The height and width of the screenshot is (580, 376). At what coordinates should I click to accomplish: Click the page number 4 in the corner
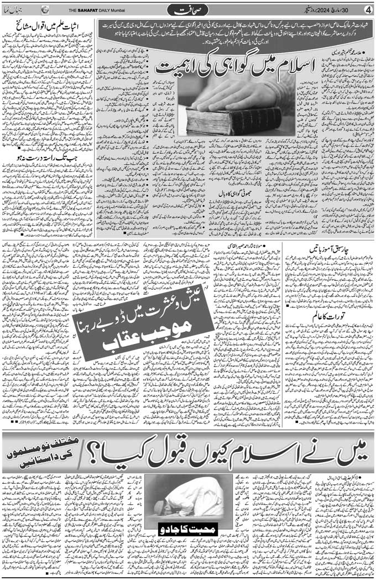pyautogui.click(x=368, y=9)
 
